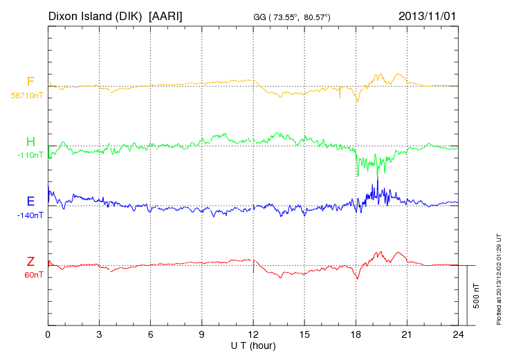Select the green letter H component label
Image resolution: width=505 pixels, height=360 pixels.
[x=30, y=142]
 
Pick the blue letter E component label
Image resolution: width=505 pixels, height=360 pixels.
[x=30, y=202]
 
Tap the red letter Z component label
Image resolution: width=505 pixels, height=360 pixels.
[x=30, y=262]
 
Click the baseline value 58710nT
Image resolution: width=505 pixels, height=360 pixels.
[x=27, y=96]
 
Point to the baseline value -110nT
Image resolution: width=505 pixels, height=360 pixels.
[x=30, y=155]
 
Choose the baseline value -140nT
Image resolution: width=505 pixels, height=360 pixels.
[x=30, y=215]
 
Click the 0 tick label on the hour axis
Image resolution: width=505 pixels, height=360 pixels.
[x=48, y=334]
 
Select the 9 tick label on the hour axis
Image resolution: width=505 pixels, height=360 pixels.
[x=202, y=334]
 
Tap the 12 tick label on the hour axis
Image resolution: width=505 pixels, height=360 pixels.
[x=253, y=334]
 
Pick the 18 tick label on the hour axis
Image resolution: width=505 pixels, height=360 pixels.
[x=356, y=334]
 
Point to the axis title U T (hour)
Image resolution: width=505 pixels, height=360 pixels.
[x=253, y=345]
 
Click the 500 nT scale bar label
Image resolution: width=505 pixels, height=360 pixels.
[x=477, y=296]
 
